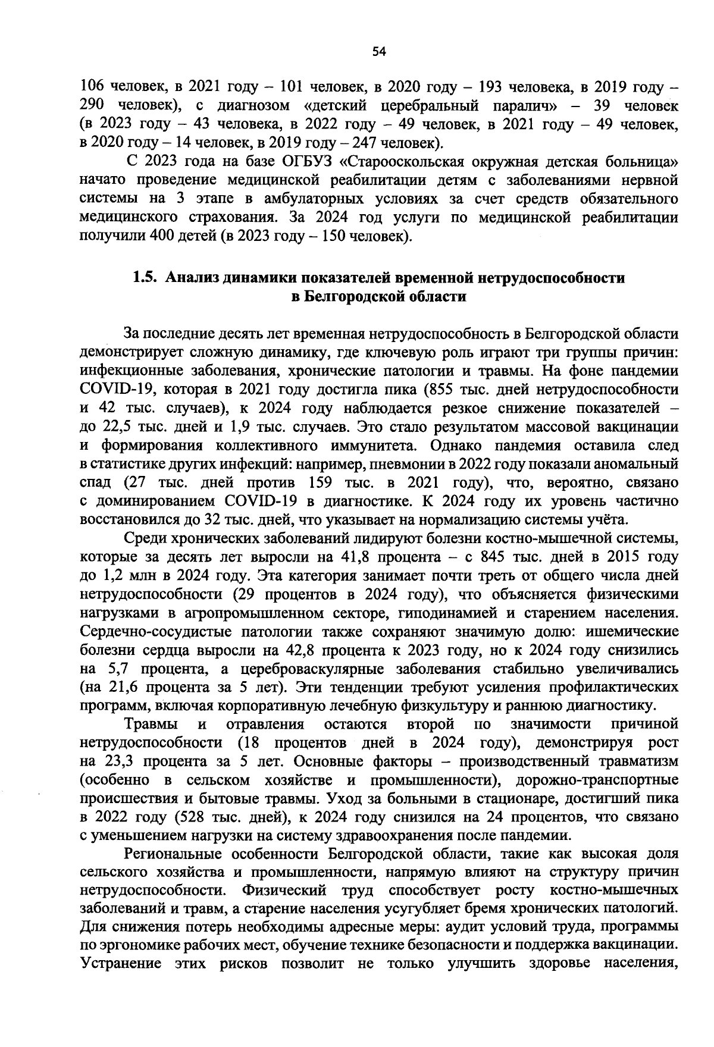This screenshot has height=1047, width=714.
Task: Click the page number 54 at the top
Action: pyautogui.click(x=379, y=52)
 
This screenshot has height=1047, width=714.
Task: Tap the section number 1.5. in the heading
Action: pyautogui.click(x=145, y=278)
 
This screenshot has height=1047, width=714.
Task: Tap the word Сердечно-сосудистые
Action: pyautogui.click(x=163, y=631)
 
